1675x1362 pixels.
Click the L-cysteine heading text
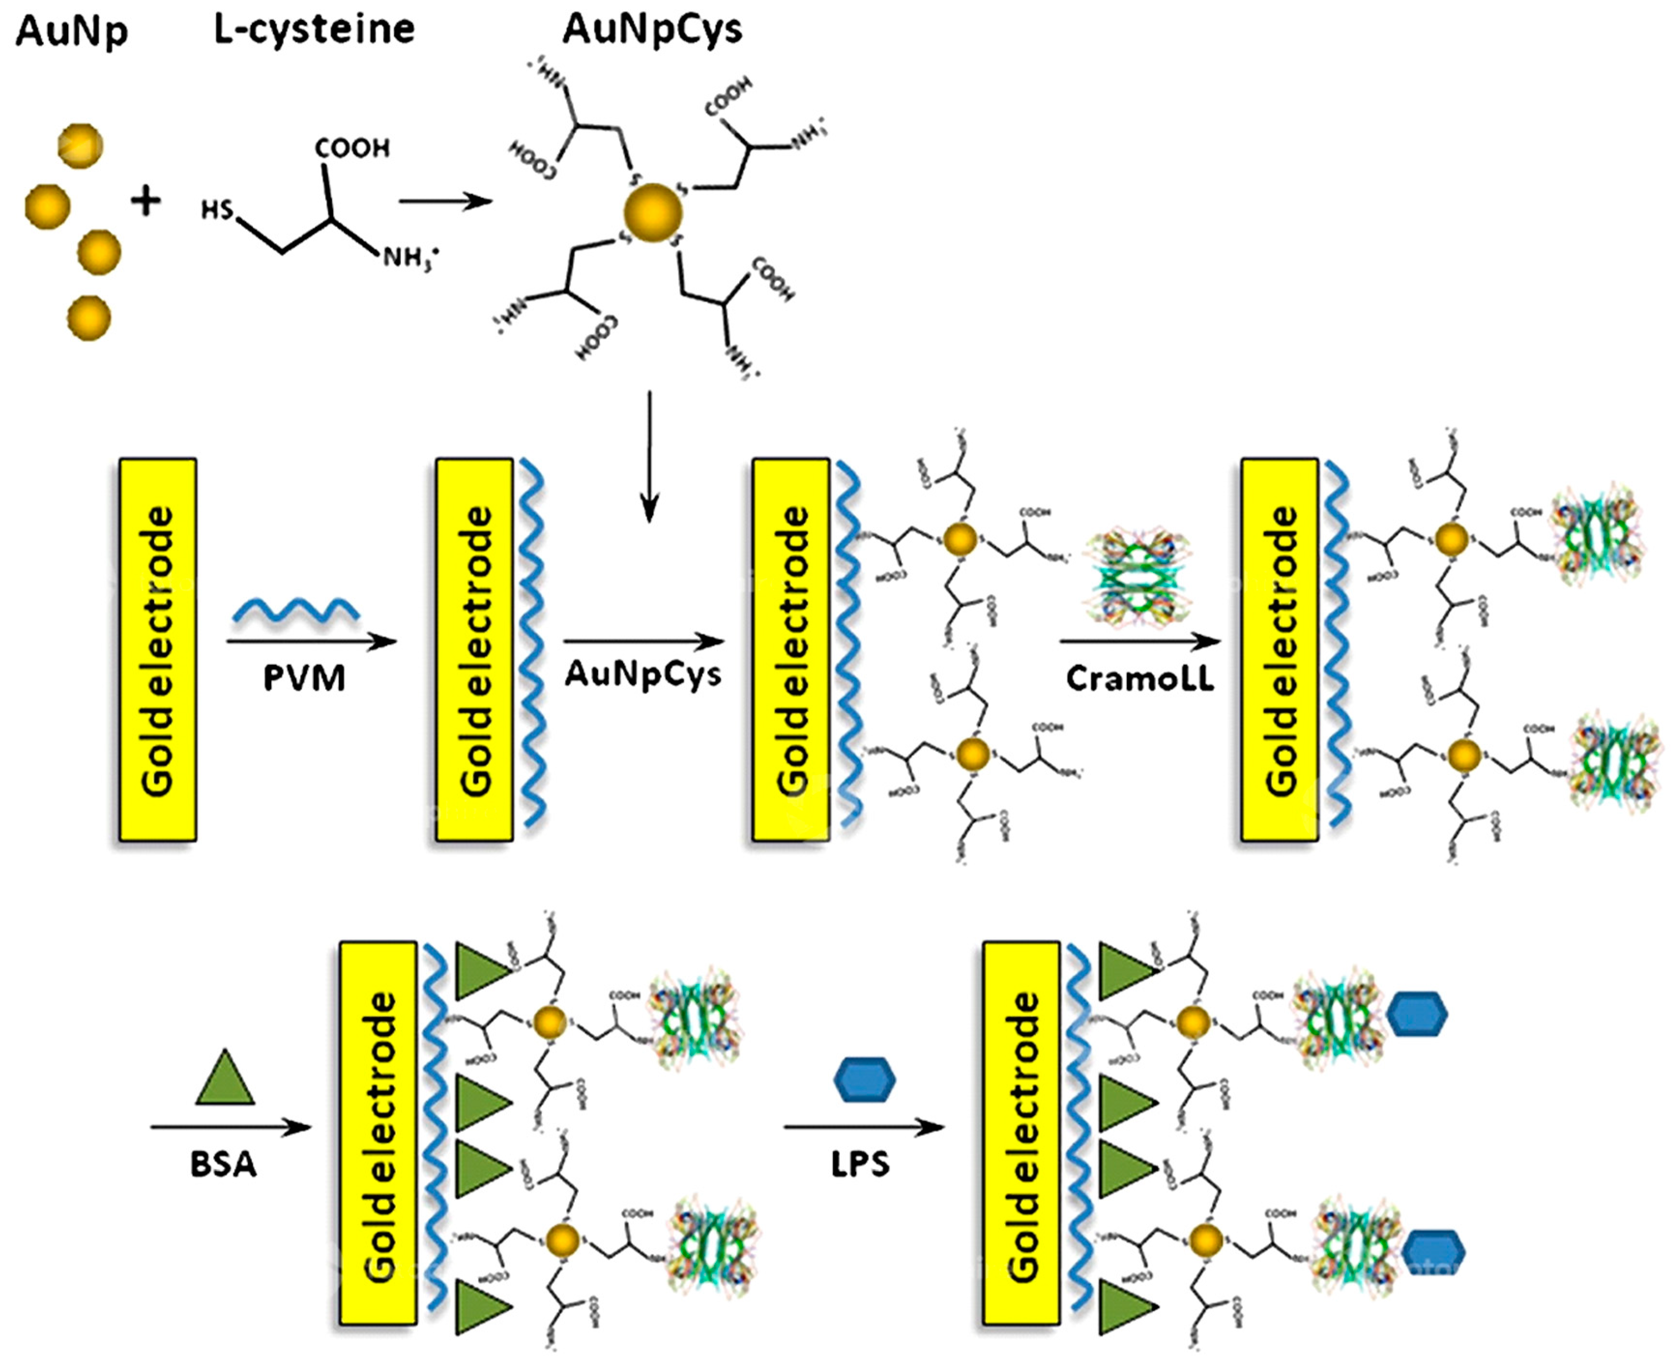pyautogui.click(x=314, y=30)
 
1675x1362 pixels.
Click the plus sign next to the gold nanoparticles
pyautogui.click(x=145, y=201)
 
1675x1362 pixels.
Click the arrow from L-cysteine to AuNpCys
pyautogui.click(x=445, y=202)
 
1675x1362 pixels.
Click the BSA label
pyautogui.click(x=223, y=1164)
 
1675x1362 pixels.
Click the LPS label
pyautogui.click(x=860, y=1164)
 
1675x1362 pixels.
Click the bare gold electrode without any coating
pyautogui.click(x=158, y=650)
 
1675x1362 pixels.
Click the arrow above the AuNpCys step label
pyautogui.click(x=643, y=642)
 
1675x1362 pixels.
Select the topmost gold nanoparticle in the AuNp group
pyautogui.click(x=80, y=145)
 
